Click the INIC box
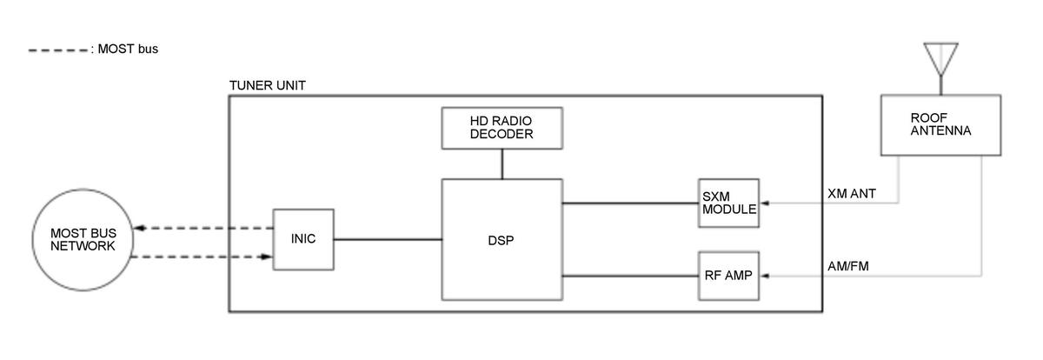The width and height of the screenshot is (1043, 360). (302, 239)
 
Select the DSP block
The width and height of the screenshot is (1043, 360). (501, 240)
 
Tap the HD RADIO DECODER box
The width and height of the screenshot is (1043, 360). (501, 128)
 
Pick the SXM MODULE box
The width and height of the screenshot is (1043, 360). (727, 203)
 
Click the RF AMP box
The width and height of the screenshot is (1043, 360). (727, 276)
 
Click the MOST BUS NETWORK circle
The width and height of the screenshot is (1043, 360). (83, 239)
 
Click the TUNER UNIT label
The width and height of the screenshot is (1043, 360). (267, 85)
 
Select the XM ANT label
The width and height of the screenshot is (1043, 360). (851, 194)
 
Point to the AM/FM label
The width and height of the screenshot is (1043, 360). (847, 266)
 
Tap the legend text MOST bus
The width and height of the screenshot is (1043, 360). (126, 50)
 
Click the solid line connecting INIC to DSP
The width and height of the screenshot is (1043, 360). (387, 239)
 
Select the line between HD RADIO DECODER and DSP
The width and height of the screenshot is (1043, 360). (501, 164)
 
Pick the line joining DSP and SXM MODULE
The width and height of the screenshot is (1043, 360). (629, 203)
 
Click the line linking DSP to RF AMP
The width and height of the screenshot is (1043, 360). (629, 277)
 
